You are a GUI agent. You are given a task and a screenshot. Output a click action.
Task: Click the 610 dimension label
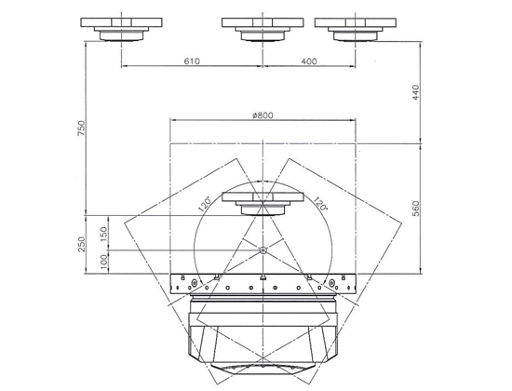[x=192, y=61]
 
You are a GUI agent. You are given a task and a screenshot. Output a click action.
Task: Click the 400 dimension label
[x=309, y=61]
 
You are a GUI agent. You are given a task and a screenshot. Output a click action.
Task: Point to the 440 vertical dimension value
[x=415, y=92]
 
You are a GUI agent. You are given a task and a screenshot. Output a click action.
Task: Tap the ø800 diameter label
[x=263, y=115]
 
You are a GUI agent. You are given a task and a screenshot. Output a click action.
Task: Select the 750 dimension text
[x=81, y=128]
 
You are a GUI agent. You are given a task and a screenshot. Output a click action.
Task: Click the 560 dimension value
[x=416, y=209]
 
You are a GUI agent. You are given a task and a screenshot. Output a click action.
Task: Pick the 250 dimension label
[x=81, y=244]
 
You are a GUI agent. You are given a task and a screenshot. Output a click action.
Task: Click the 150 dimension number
[x=103, y=235]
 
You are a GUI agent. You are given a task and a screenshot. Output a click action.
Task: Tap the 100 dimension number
[x=103, y=262]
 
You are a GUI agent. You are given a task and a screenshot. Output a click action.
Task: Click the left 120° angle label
[x=205, y=205]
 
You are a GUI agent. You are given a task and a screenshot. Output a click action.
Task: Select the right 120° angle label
[x=320, y=204]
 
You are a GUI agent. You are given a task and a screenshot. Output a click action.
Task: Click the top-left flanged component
[x=121, y=29]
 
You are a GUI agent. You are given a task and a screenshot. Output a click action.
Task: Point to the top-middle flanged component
[x=263, y=29]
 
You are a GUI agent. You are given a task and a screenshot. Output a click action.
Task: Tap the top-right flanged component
[x=356, y=29]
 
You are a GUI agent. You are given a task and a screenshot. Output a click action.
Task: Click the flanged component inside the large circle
[x=263, y=204]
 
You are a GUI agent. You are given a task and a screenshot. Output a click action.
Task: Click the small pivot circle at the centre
[x=263, y=250]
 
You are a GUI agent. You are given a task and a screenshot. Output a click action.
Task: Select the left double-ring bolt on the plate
[x=194, y=282]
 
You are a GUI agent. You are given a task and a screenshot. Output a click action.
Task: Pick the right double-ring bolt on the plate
[x=331, y=282]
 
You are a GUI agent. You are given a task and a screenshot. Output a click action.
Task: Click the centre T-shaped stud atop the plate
[x=263, y=277]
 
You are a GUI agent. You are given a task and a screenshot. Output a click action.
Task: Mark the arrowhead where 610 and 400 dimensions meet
[x=263, y=66]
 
